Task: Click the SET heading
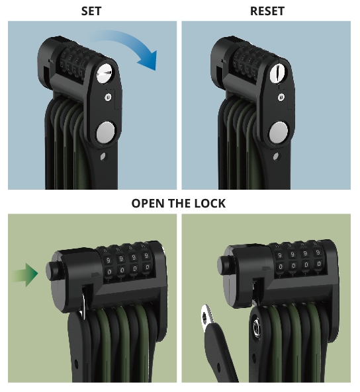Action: [91, 11]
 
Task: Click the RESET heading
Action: [267, 11]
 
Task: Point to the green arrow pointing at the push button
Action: [24, 274]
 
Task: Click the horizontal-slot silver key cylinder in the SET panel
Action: [105, 73]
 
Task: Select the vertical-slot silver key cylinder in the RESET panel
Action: [279, 73]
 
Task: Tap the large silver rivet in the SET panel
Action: [105, 132]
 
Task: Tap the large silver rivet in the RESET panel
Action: [278, 132]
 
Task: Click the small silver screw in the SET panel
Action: [108, 97]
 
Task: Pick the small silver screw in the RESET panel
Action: [281, 97]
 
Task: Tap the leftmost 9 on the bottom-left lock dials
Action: [109, 260]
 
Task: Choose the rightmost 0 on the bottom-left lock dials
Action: [147, 268]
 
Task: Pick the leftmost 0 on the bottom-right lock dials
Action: [281, 267]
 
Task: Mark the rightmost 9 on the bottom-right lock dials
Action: [318, 253]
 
